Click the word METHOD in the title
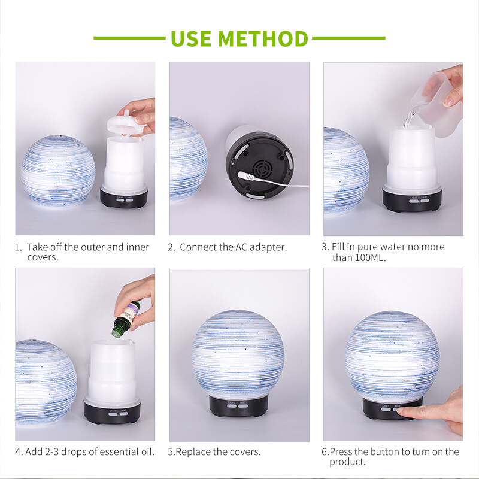262,38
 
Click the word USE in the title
191,38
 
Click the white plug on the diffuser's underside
246,176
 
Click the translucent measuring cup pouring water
437,104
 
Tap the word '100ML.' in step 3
370,258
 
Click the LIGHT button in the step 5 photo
232,406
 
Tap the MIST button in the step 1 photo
129,200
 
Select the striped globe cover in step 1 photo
58,171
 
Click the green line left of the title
129,38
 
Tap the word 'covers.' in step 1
43,257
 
